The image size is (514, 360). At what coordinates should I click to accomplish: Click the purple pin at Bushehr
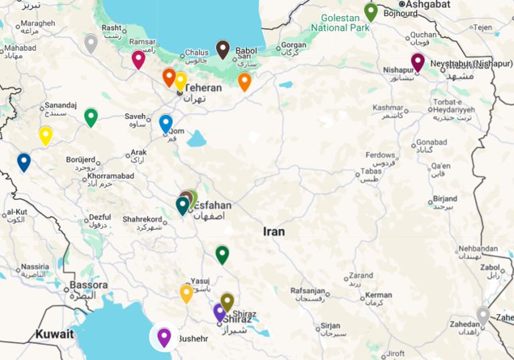point(164,337)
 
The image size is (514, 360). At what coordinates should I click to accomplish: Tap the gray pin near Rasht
point(91,43)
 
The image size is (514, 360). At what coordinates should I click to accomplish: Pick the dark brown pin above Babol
point(223,49)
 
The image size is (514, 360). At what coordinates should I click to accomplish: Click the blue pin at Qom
point(165,123)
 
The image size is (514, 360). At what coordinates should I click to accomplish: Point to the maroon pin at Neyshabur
point(418,62)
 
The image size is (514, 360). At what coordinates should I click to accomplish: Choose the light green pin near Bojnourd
point(371,11)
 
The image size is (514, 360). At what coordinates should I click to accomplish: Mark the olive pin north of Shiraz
point(228,302)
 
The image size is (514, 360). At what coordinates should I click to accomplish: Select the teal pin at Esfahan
point(183,205)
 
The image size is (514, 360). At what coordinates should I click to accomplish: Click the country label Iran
point(274,232)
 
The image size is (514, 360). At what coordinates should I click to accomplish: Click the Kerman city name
point(379,294)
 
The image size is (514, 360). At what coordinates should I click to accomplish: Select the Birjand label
point(444,199)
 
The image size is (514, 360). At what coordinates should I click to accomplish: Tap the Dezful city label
point(100,217)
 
